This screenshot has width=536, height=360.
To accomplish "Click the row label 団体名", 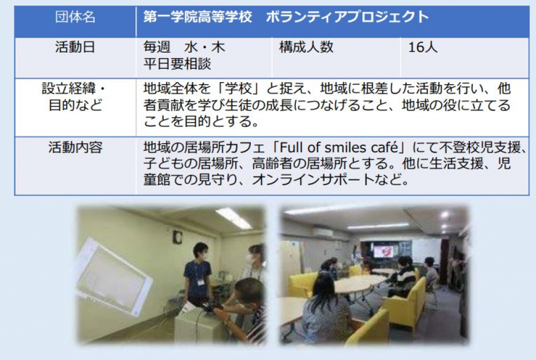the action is [x=75, y=17].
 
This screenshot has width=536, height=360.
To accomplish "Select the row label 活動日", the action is [x=75, y=47].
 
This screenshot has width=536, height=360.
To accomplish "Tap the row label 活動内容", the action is [x=75, y=148].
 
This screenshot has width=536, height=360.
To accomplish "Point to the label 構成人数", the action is [x=306, y=47].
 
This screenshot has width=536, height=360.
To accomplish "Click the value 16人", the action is [x=423, y=47].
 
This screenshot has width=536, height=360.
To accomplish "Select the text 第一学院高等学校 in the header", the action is [x=198, y=17].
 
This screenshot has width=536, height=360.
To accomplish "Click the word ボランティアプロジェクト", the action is [x=347, y=17].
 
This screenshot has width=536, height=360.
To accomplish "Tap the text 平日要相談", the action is [x=177, y=64].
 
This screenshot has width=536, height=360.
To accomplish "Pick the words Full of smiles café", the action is [x=339, y=148].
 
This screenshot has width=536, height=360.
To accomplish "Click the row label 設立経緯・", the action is [x=74, y=89].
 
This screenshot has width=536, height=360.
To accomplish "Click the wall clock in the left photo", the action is [x=178, y=237].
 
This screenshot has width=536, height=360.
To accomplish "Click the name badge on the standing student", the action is [x=201, y=282].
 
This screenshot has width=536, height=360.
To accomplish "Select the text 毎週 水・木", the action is [x=184, y=47].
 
